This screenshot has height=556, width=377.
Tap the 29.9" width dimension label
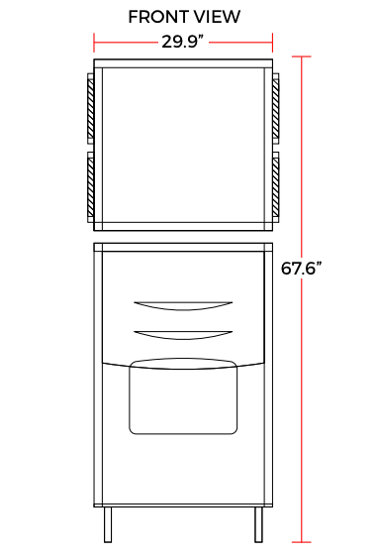coord(183,42)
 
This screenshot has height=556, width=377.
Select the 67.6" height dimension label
coord(301,268)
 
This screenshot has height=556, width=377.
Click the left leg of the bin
coord(108,524)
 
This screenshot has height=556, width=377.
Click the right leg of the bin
coord(259,524)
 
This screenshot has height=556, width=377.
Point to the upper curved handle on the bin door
coord(183,306)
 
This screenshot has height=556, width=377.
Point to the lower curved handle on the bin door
coord(183,335)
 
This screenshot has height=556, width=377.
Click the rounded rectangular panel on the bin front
coord(183,396)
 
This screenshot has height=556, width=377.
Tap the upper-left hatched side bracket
coord(91,109)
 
